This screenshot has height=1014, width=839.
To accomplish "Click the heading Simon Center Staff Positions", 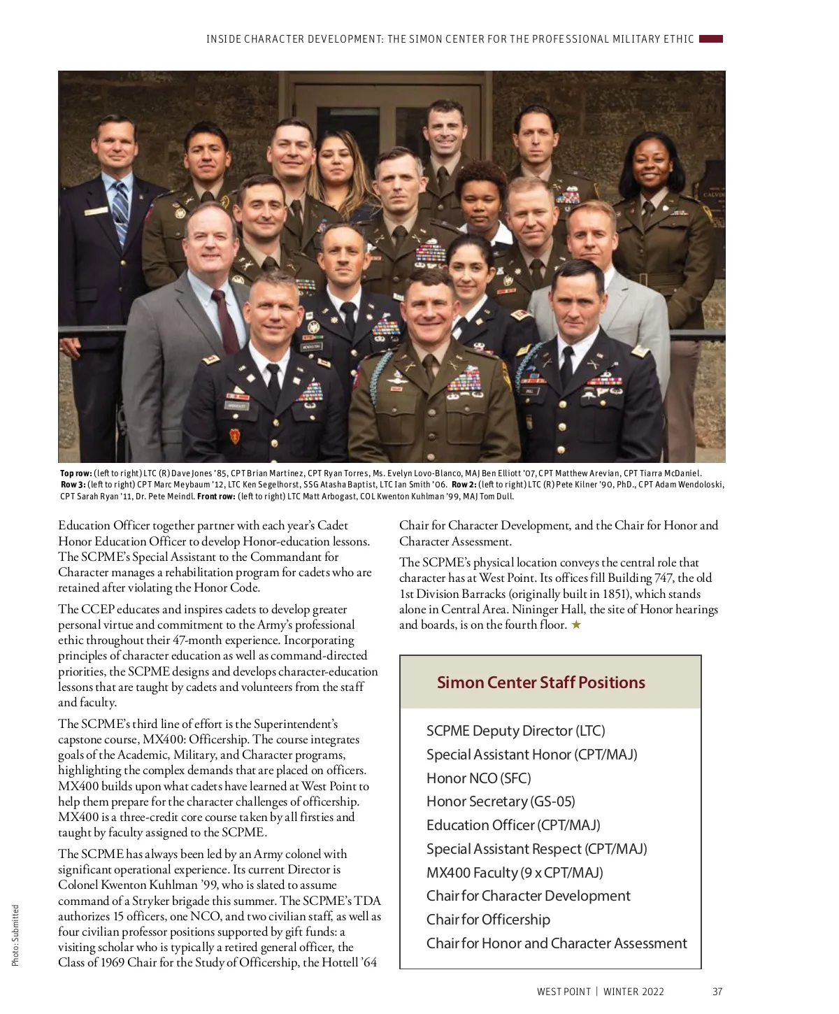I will tap(540, 683).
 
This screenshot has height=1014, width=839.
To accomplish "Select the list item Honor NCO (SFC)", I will tap(479, 778).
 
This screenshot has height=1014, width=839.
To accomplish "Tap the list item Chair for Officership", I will tap(488, 920).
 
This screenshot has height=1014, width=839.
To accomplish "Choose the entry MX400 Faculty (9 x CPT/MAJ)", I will tap(515, 873).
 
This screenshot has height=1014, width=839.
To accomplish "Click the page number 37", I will tap(717, 992).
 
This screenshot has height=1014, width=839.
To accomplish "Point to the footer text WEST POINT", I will tap(564, 992).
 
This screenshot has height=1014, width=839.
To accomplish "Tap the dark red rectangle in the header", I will tap(711, 39).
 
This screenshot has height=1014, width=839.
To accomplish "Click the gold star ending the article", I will tap(576, 625).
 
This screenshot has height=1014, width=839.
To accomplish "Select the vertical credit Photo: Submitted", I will tap(15, 936).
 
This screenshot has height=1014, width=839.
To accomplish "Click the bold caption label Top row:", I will tap(76, 473).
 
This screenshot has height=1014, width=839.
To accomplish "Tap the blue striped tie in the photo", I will tap(121, 210).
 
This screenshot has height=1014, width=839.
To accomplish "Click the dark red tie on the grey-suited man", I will tap(225, 318).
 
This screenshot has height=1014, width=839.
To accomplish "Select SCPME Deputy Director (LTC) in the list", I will tap(515, 731).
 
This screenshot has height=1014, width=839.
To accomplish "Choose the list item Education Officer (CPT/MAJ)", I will tap(513, 825).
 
